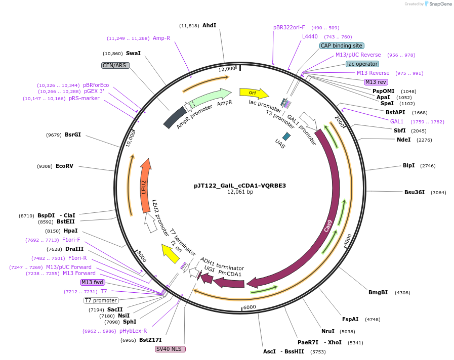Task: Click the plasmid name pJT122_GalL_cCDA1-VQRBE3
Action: [x=240, y=186]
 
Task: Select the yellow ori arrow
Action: [x=254, y=93]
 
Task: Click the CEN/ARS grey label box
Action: [x=115, y=65]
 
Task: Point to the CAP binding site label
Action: [x=342, y=46]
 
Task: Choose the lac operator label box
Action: [x=362, y=64]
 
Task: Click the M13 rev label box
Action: [x=376, y=82]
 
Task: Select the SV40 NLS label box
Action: [x=171, y=349]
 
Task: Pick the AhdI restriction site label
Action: [x=209, y=25]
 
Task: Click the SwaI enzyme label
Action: [x=133, y=53]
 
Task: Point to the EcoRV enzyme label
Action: [x=64, y=166]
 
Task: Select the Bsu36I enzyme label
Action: [x=414, y=192]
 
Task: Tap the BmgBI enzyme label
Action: [x=378, y=292]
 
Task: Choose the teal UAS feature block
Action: [x=286, y=136]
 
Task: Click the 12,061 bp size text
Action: [x=240, y=192]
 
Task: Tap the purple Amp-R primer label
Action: [x=161, y=38]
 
